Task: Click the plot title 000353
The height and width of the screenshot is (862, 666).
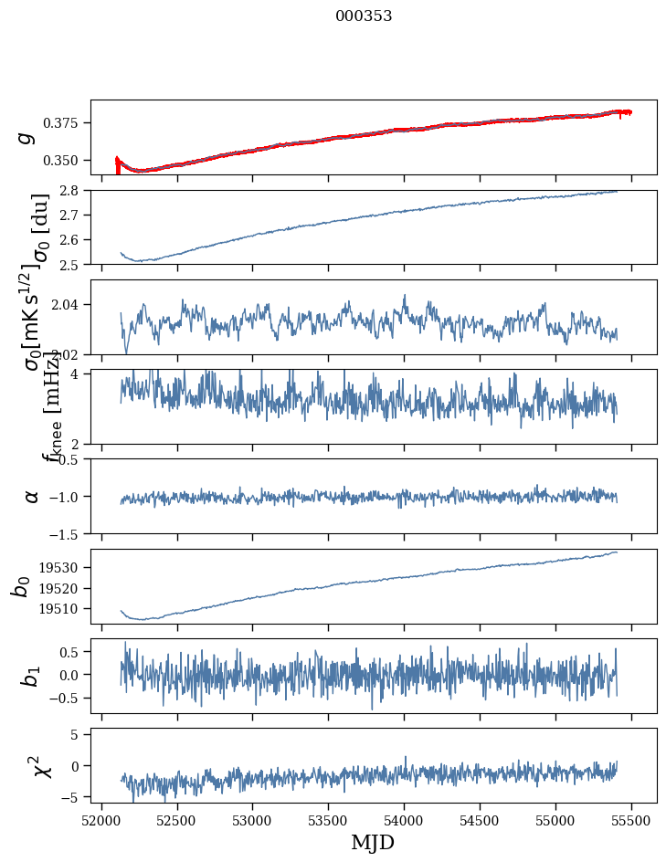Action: (364, 16)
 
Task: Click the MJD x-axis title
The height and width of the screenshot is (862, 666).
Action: (373, 843)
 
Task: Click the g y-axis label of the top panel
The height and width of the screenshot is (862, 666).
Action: (27, 137)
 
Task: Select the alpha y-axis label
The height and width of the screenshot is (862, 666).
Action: (32, 496)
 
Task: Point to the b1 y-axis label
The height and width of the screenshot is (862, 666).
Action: (32, 676)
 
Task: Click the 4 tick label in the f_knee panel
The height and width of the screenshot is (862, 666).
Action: (79, 374)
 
